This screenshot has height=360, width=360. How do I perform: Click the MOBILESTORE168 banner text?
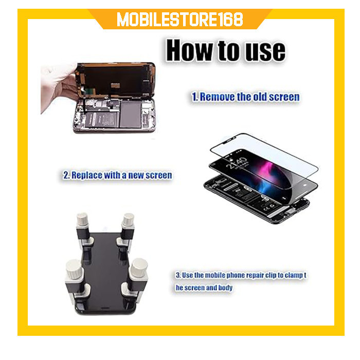click(180, 20)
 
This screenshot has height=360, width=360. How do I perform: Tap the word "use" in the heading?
click(265, 51)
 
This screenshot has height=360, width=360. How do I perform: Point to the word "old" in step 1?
click(260, 97)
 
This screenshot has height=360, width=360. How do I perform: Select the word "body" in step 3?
click(225, 287)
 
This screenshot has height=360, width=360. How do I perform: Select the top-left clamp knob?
click(82, 219)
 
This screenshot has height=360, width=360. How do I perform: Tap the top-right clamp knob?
click(128, 219)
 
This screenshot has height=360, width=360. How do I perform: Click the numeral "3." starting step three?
click(178, 275)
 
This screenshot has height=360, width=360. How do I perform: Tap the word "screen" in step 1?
click(284, 97)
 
